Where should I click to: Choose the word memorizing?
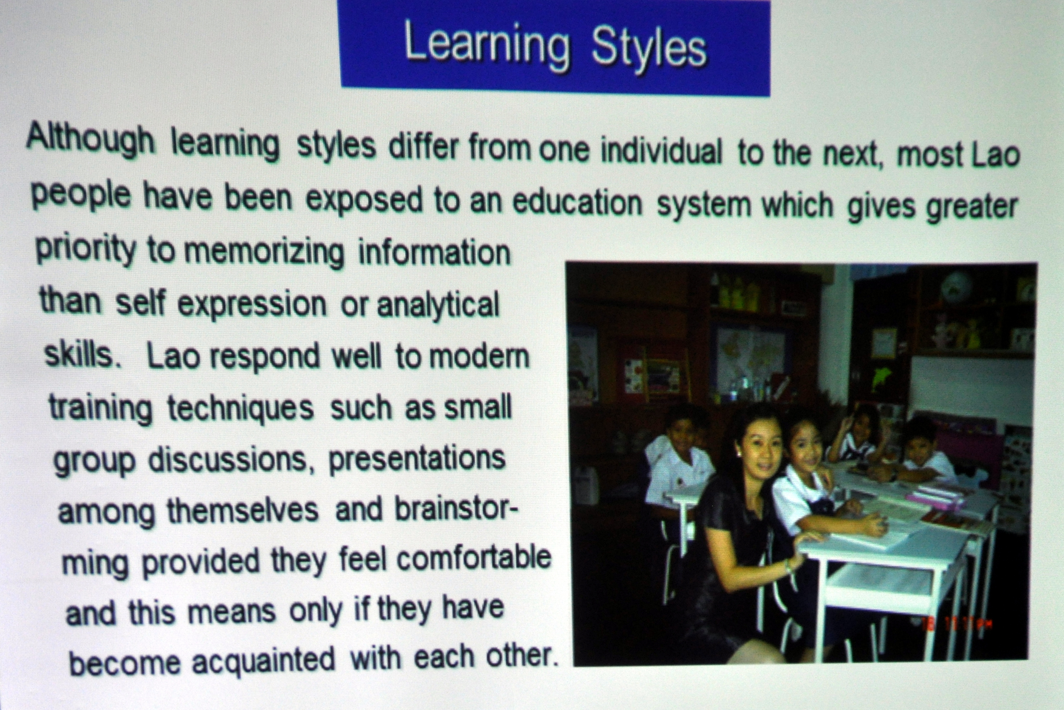coord(264,252)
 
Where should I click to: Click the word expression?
coord(251,305)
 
